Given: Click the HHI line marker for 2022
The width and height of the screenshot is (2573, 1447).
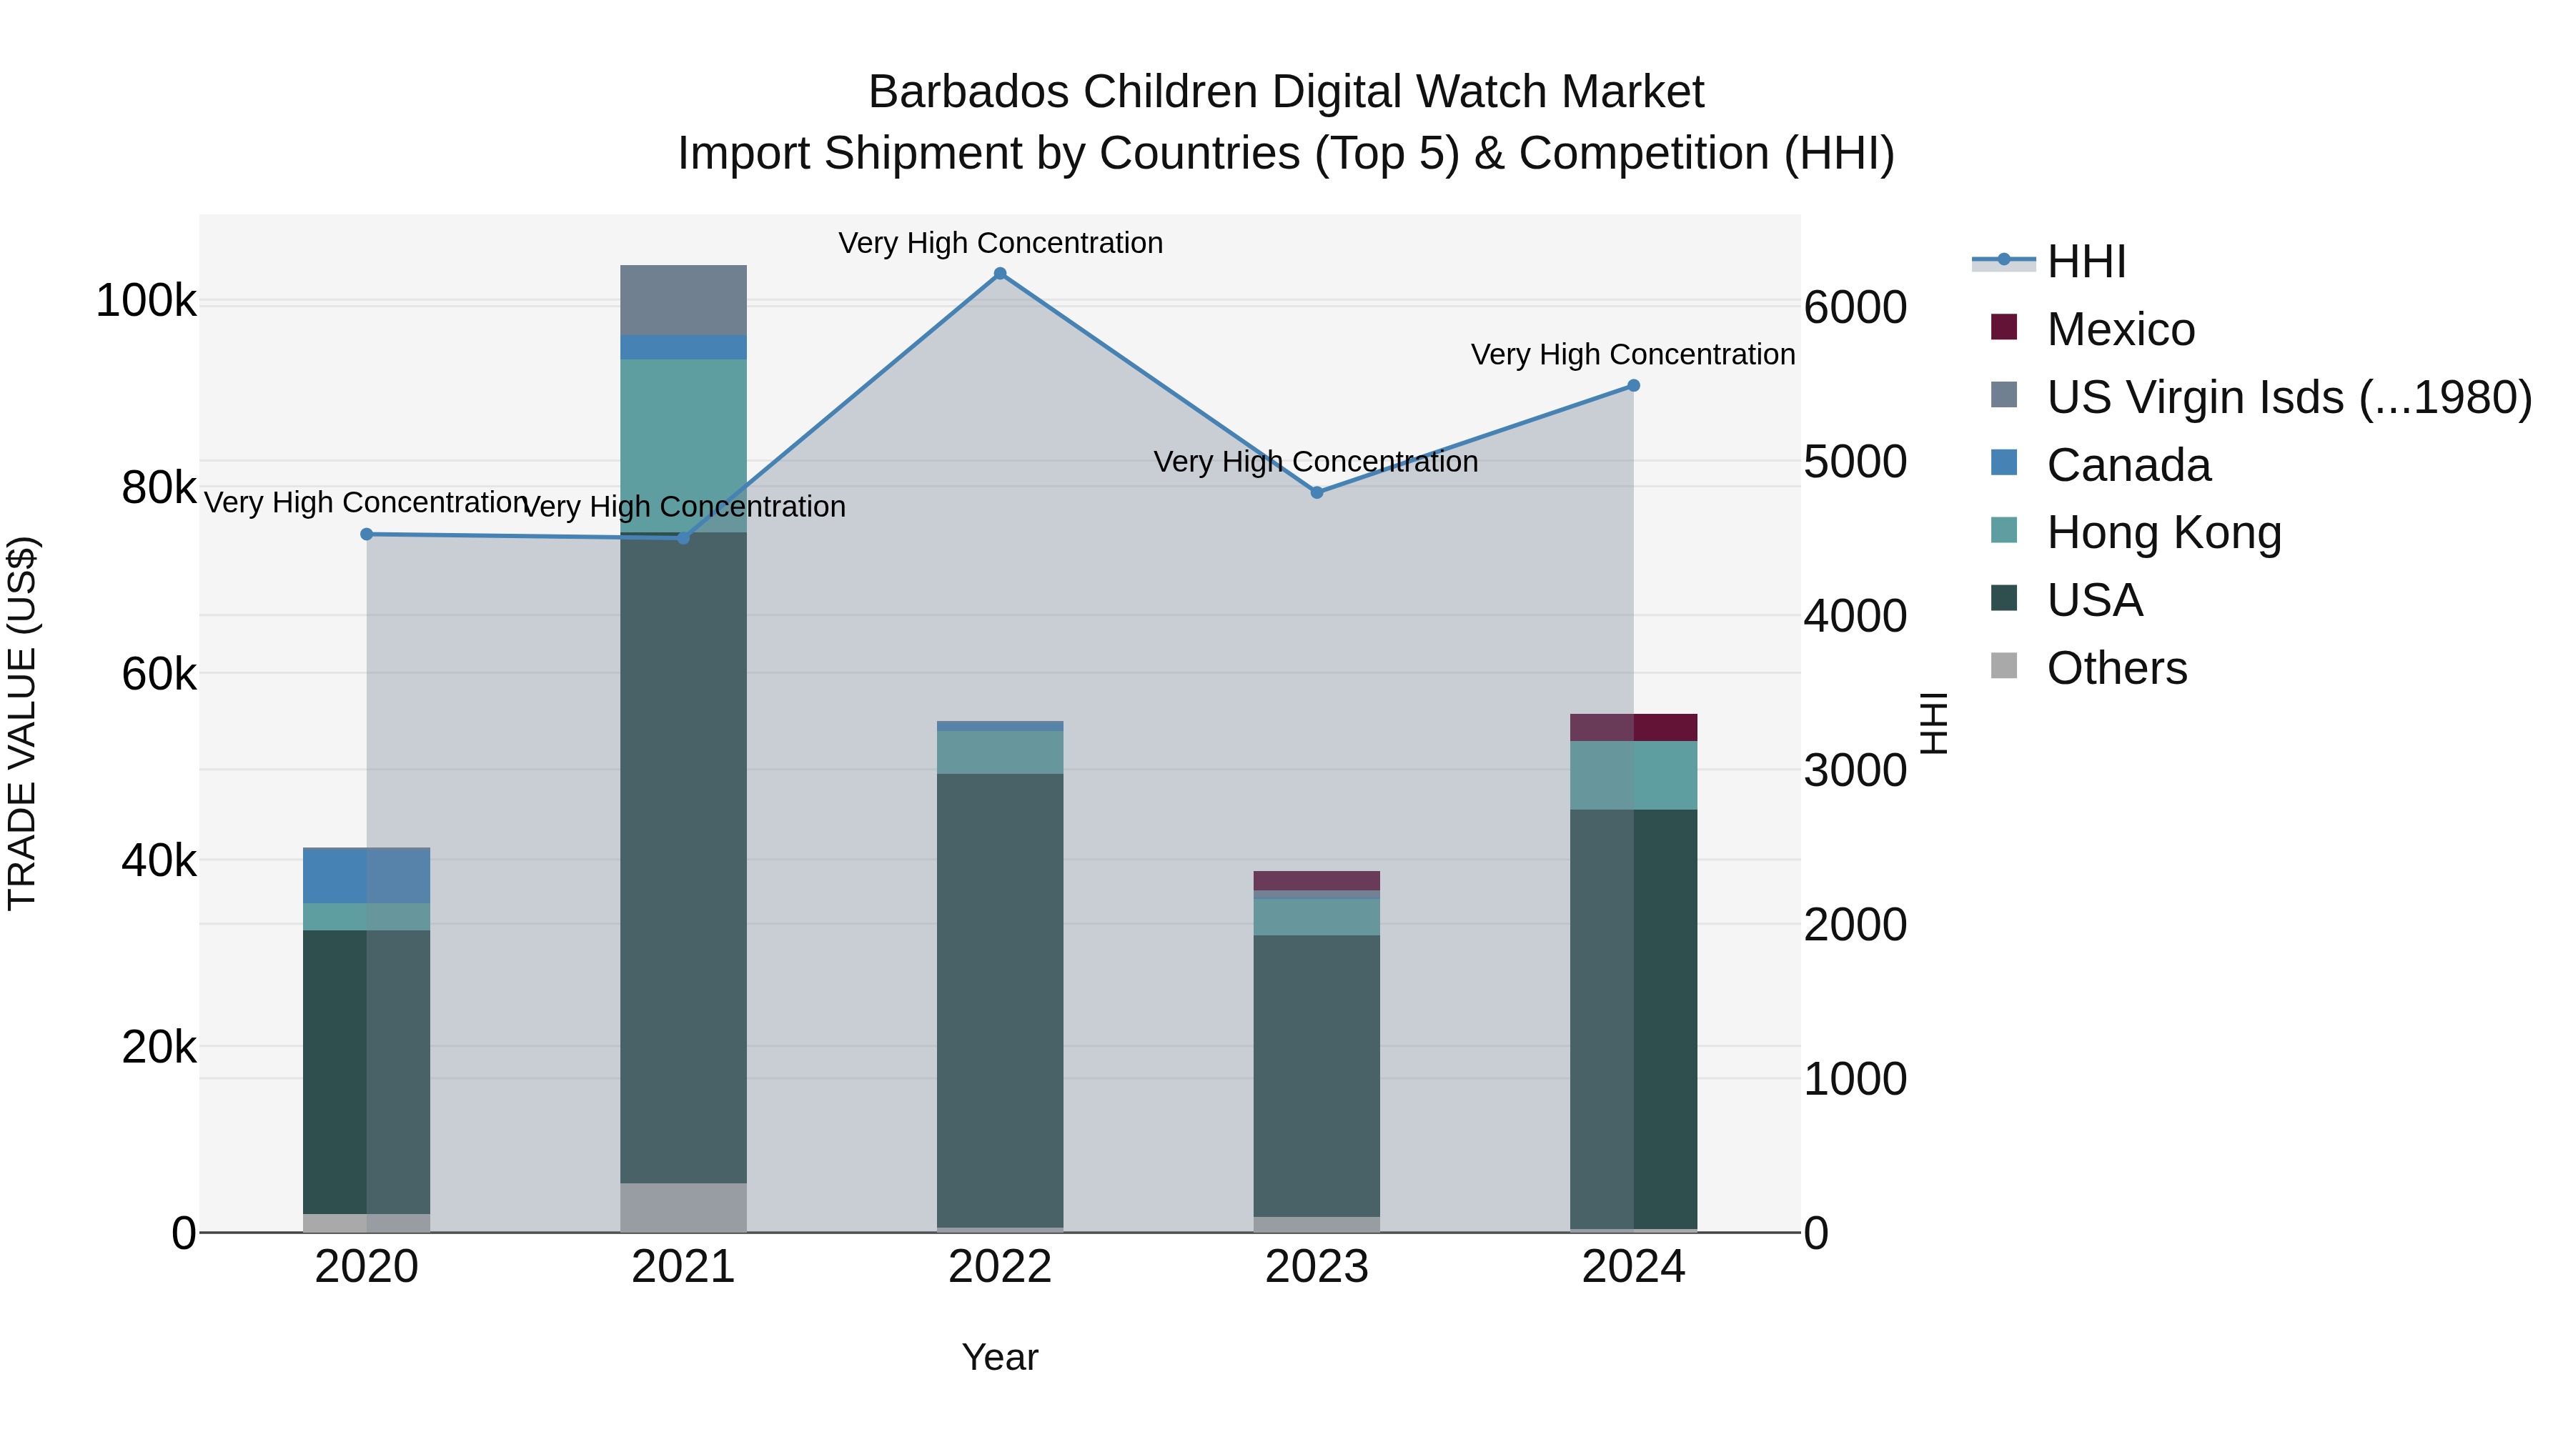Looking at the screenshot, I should point(1000,274).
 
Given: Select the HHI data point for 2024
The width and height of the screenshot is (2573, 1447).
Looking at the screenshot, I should point(1633,385).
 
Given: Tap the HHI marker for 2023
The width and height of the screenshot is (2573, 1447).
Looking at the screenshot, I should point(1317,492).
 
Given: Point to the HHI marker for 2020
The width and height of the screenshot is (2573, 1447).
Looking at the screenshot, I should point(367,534).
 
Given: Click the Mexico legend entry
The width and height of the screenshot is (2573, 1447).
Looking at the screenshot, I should point(2120,329).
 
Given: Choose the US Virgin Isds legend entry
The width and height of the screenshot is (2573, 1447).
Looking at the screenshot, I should point(2287,397).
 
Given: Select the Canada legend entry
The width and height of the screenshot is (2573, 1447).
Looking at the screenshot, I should point(2128,465).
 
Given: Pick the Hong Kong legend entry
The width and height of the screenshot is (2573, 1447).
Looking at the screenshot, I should point(2163,533).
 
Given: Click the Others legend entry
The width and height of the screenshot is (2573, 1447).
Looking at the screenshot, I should point(2116,668).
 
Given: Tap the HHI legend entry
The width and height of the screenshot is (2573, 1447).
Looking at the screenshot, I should point(2086,262).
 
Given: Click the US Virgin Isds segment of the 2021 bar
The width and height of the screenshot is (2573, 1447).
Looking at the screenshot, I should point(683,299).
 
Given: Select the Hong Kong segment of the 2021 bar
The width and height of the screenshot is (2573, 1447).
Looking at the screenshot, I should point(683,444).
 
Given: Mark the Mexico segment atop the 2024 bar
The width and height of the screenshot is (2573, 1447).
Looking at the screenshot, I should point(1633,727).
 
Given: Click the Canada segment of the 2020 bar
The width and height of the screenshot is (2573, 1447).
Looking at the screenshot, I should point(367,876).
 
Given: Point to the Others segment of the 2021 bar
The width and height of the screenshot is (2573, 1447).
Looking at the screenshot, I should point(683,1208).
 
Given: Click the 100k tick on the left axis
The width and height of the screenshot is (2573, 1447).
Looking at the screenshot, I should point(146,301).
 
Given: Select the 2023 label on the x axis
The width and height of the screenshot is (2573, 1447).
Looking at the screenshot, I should point(1317,1267).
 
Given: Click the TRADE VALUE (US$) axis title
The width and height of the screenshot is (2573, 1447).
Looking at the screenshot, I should point(22,723).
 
